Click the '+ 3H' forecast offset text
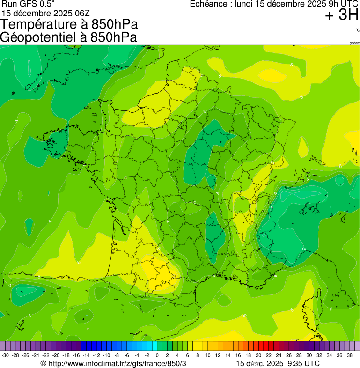[341, 15]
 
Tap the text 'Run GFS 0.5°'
[28, 4]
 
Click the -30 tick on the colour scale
[6, 355]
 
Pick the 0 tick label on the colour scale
[159, 355]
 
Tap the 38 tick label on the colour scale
[350, 355]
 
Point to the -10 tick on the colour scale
[107, 355]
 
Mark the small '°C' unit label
[357, 30]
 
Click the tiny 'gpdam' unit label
[354, 43]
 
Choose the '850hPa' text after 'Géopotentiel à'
[110, 37]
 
